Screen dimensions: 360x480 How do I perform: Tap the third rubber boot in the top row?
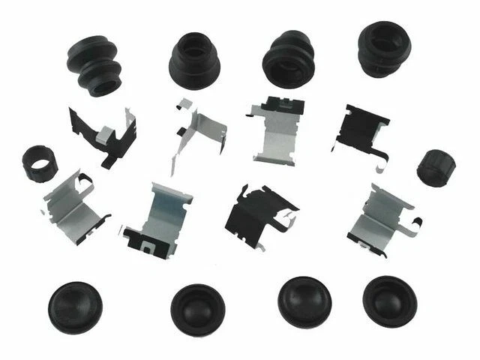point(289,59)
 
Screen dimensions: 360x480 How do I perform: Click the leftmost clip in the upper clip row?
point(105,135)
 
